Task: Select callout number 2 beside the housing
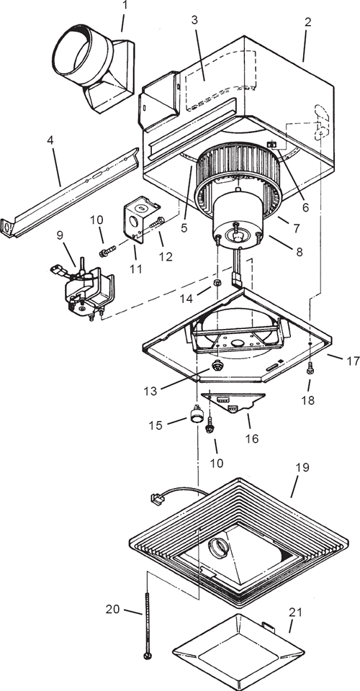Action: pos(307,22)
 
